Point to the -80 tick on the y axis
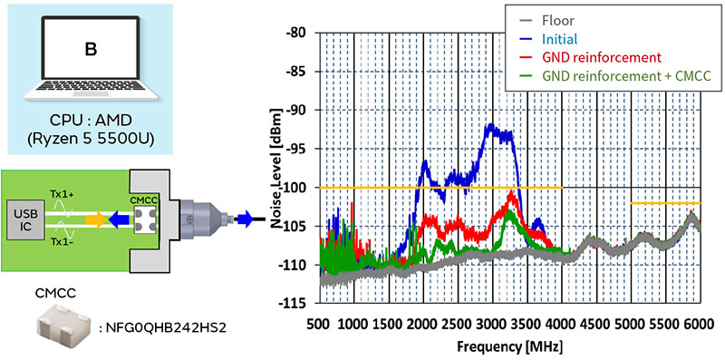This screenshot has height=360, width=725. coord(294,33)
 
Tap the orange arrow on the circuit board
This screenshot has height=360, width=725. coord(95,218)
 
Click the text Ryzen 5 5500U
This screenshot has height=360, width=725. coord(91,141)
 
